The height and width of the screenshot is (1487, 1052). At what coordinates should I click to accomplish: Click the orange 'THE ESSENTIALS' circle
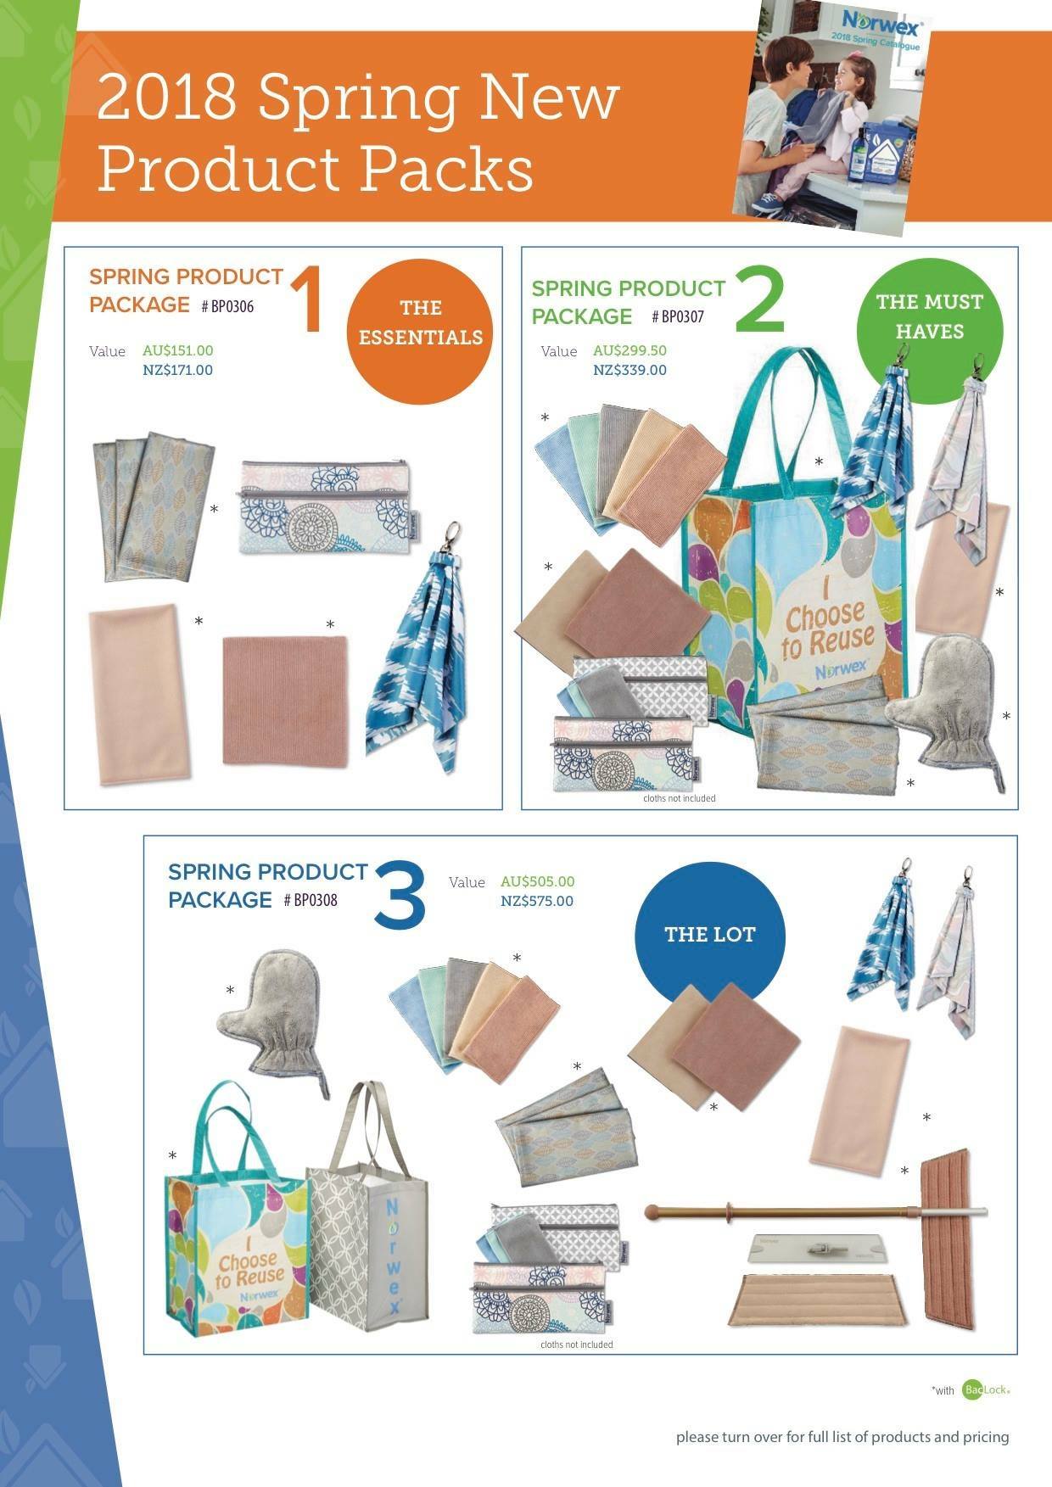pos(420,323)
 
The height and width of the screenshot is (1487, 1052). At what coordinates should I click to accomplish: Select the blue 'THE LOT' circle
pos(709,935)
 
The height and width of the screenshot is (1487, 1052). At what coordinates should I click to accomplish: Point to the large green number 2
pos(759,299)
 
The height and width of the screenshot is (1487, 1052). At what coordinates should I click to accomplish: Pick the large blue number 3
pos(400,893)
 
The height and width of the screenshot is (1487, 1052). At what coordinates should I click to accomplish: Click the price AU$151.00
pos(178,350)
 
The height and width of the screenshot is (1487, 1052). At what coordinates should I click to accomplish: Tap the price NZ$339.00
pos(630,370)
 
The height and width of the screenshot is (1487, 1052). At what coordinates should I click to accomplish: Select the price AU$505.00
pos(537,881)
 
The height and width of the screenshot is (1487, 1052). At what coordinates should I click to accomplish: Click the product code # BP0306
pos(227,306)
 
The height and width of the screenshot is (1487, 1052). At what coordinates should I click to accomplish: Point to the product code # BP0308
pos(311,900)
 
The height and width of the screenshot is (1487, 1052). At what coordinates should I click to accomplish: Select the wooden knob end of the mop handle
pos(653,1210)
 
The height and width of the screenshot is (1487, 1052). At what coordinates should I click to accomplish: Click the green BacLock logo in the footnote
pos(986,1389)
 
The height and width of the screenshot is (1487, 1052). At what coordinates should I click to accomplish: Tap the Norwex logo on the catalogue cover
pos(881,20)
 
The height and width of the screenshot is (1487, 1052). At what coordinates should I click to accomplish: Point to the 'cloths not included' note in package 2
pos(679,798)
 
